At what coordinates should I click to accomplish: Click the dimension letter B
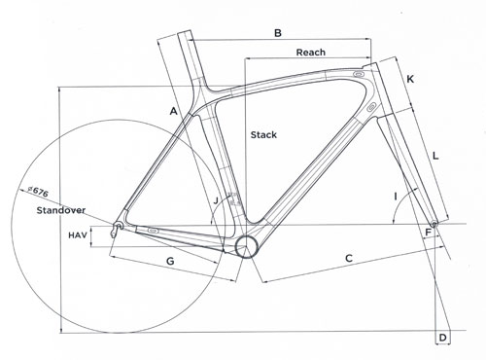pos(277,34)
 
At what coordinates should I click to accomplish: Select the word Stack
pos(263,134)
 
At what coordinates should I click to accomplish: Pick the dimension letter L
pos(434,155)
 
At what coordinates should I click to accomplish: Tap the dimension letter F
pos(428,232)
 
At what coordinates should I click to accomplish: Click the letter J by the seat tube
pos(217,200)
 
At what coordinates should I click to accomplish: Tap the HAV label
pos(79,235)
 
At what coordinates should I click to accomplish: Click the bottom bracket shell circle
pos(246,244)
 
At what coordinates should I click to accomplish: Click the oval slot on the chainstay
pos(153,232)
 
